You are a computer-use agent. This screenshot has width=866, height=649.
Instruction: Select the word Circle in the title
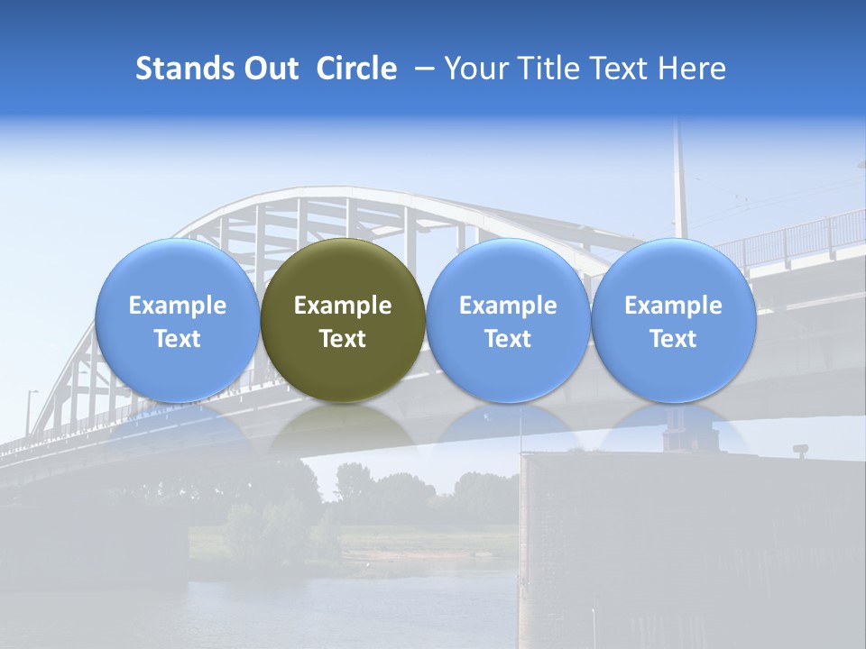tap(356, 69)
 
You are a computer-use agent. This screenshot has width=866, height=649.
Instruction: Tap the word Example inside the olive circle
tap(343, 306)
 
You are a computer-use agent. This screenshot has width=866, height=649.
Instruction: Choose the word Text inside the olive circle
tap(343, 339)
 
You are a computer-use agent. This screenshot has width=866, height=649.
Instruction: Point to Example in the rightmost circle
tap(673, 306)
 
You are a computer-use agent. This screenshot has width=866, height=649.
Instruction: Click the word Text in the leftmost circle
tap(178, 339)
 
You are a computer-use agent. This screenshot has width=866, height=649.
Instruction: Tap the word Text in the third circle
tap(508, 339)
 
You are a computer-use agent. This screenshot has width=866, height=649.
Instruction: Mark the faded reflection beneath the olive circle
tap(343, 428)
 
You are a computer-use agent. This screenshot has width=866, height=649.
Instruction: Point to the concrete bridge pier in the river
tap(613, 541)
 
